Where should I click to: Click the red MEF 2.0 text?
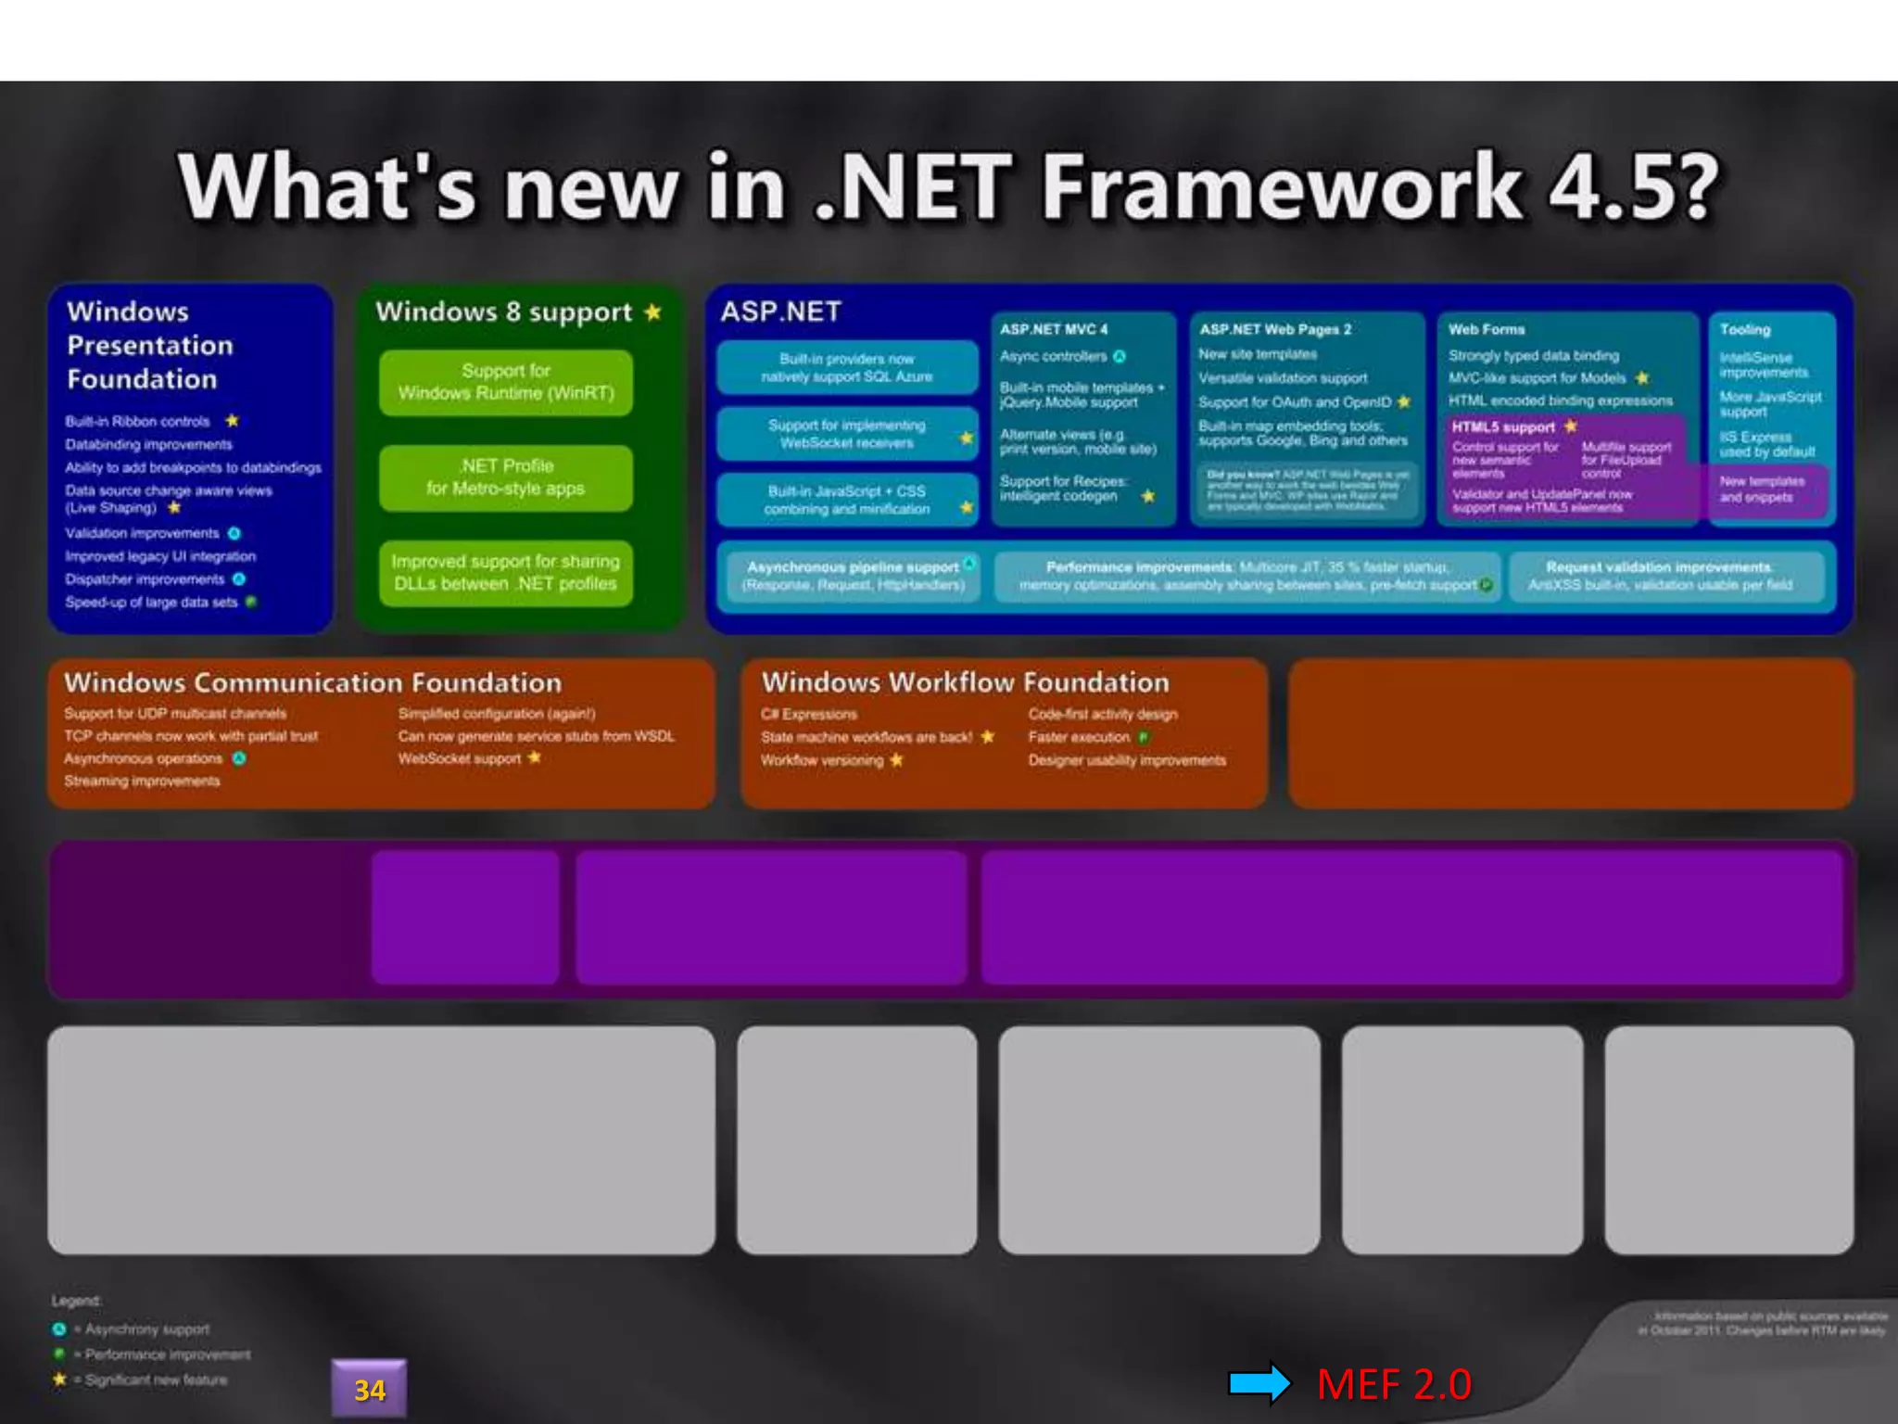(1394, 1385)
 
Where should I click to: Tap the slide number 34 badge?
(369, 1389)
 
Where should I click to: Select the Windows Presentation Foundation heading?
(149, 345)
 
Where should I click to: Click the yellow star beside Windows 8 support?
(653, 311)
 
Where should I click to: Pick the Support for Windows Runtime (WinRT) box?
(506, 382)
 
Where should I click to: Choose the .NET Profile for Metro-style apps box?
(506, 477)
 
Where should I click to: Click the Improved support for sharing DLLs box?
(506, 573)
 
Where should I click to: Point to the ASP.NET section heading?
(780, 311)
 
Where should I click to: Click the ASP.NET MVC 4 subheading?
(1054, 329)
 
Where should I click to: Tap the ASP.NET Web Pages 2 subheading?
(1275, 329)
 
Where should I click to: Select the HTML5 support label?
(1502, 426)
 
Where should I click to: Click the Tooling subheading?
(1745, 329)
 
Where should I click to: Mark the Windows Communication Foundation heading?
(313, 683)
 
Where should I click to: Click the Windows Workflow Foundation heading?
(965, 683)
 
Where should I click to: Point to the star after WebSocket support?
(535, 757)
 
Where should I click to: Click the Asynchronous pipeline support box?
(853, 576)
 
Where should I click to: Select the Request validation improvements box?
(1659, 576)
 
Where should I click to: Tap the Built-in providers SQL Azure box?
(847, 367)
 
